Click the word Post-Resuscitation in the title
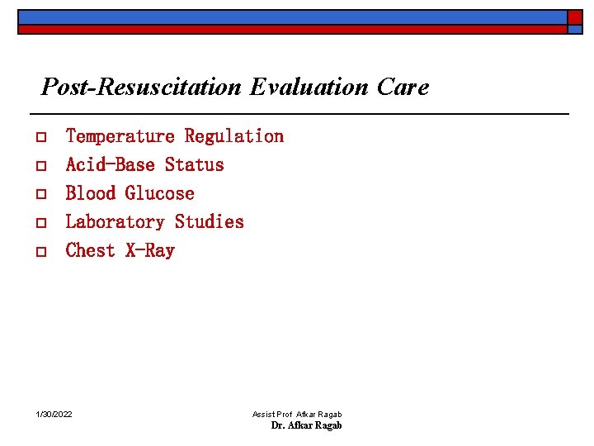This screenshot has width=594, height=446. coord(141,87)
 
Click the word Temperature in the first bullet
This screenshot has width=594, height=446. coord(120,136)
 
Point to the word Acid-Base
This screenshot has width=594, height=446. coord(110,164)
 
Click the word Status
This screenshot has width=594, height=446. coord(194,164)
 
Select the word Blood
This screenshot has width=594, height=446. coord(90,193)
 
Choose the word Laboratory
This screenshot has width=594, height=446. coord(115,221)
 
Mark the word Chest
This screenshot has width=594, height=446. coord(90,250)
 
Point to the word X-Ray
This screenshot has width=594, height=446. coord(149,250)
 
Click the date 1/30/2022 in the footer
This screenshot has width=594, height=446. coord(54,414)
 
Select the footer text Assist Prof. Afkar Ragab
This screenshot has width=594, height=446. coord(297,414)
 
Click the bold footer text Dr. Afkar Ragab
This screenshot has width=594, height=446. coord(306,425)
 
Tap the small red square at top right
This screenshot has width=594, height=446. coord(574,17)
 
